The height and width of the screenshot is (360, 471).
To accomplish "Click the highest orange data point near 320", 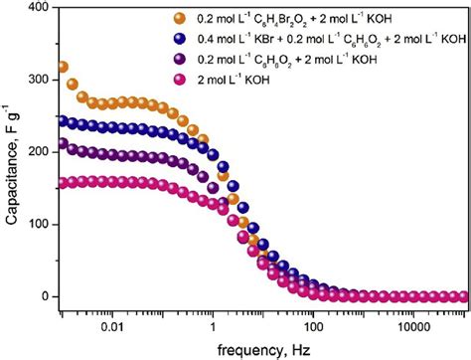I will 63,68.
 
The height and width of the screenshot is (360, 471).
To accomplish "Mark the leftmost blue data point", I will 63,121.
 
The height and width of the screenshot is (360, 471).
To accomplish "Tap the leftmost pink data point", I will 63,183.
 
